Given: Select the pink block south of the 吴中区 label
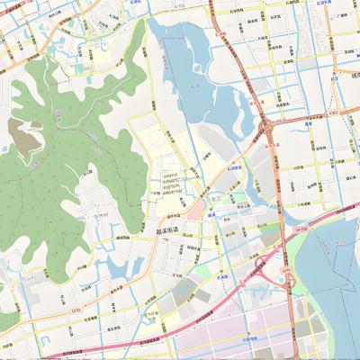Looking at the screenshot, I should [197, 211].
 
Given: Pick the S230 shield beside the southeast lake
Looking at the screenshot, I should [286, 269].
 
